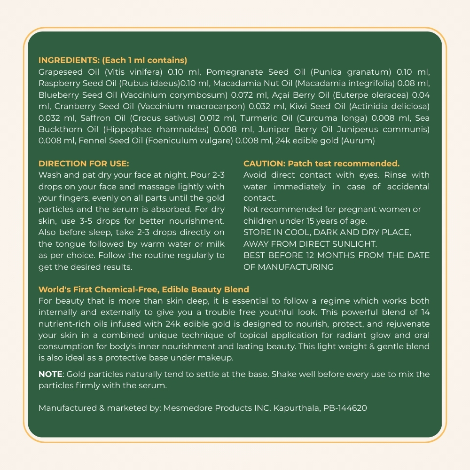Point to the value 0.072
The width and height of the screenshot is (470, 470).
(x=237, y=95)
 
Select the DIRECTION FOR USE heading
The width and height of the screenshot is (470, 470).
(x=84, y=164)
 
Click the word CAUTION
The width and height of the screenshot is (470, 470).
(x=264, y=164)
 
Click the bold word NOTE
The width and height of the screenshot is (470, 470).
(x=50, y=374)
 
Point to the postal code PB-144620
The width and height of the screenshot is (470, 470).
(x=345, y=408)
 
